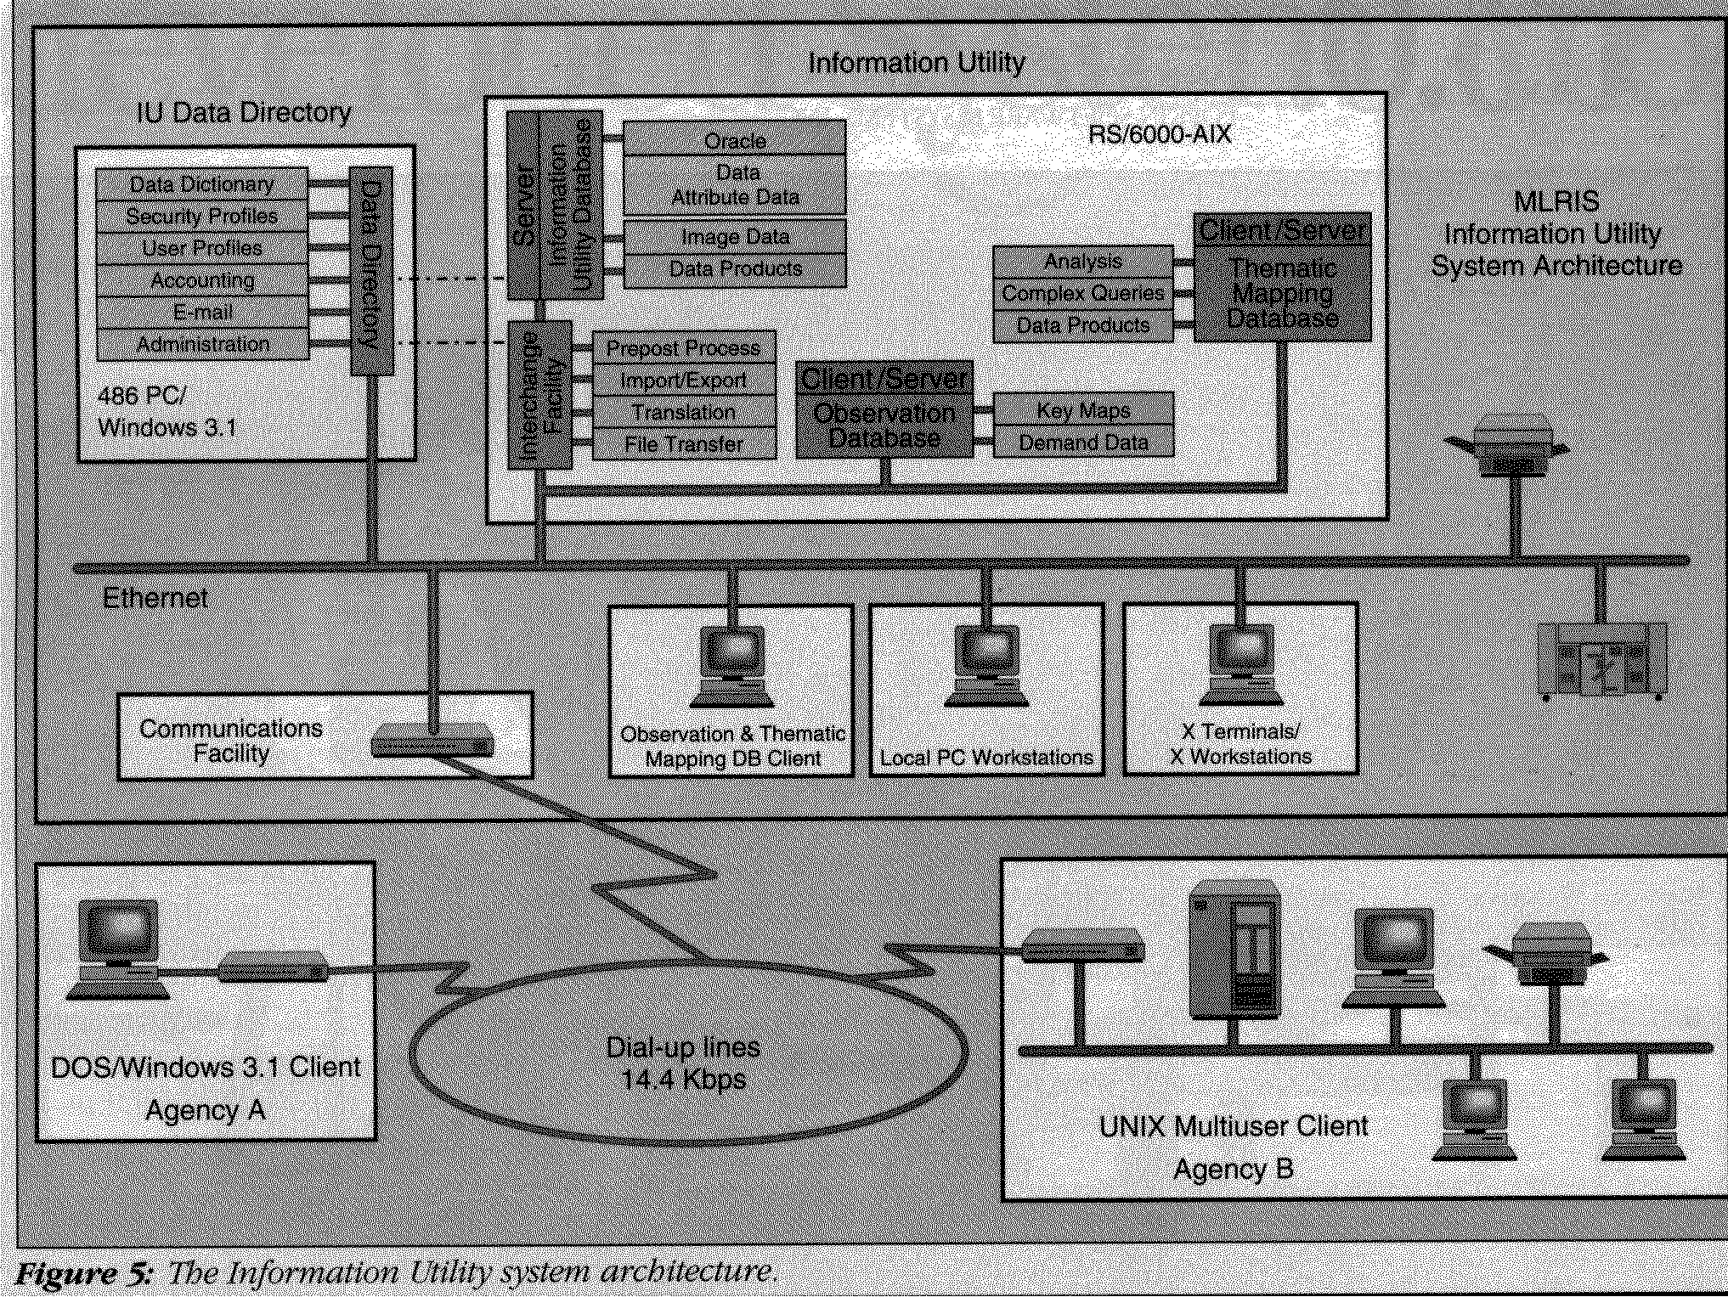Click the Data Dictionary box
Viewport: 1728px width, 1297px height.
[x=202, y=184]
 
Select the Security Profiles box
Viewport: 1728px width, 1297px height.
[x=202, y=217]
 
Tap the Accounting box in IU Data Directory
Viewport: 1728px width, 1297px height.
[x=202, y=280]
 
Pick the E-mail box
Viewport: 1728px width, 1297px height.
[x=202, y=313]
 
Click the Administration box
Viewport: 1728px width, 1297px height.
[x=202, y=345]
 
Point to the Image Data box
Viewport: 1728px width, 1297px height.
[x=735, y=237]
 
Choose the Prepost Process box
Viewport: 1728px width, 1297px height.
[x=684, y=347]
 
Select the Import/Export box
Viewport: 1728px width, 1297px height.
[x=684, y=381]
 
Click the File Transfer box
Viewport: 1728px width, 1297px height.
[x=684, y=443]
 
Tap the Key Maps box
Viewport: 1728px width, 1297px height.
[x=1083, y=411]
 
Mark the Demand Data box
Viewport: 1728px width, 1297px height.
[x=1083, y=443]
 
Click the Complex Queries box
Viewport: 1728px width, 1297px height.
[x=1083, y=294]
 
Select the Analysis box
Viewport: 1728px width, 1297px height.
[x=1083, y=262]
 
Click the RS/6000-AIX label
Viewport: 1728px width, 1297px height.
[x=1160, y=134]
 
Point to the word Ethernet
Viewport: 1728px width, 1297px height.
[x=155, y=598]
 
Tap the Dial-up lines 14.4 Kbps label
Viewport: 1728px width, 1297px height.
[x=684, y=1063]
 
